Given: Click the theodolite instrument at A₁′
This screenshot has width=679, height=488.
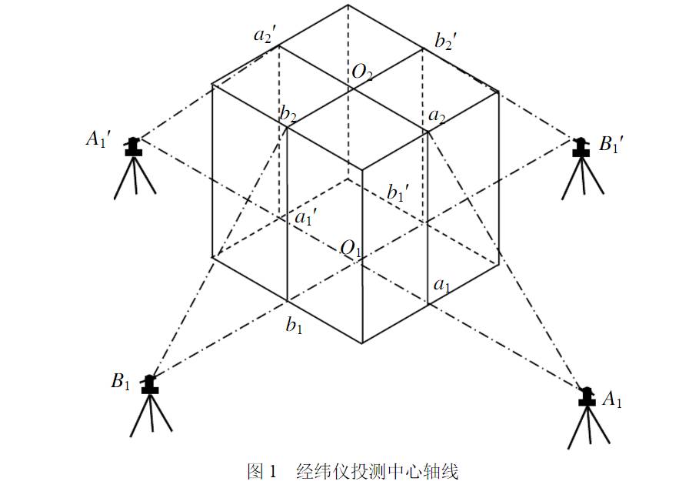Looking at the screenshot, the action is pyautogui.click(x=135, y=167).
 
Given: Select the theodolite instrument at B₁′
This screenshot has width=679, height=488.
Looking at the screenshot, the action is pyautogui.click(x=582, y=168).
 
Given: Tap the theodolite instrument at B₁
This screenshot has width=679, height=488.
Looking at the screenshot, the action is pyautogui.click(x=151, y=405).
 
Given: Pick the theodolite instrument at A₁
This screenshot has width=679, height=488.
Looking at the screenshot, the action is pyautogui.click(x=588, y=417).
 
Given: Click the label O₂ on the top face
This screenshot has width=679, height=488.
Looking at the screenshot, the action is pyautogui.click(x=362, y=72).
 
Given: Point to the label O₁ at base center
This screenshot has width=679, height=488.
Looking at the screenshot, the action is pyautogui.click(x=351, y=249).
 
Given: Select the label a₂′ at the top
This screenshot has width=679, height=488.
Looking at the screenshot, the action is pyautogui.click(x=265, y=34).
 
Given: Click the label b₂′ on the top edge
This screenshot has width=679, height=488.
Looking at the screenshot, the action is pyautogui.click(x=445, y=41).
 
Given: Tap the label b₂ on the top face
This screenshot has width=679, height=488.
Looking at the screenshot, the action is pyautogui.click(x=288, y=115).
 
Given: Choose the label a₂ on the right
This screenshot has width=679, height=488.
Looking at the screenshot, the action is pyautogui.click(x=437, y=116).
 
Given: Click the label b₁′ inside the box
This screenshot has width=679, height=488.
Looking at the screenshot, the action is pyautogui.click(x=398, y=192).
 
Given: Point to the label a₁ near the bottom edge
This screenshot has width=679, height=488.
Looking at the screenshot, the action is pyautogui.click(x=442, y=286).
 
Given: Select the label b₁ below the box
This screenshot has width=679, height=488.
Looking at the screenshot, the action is pyautogui.click(x=294, y=325).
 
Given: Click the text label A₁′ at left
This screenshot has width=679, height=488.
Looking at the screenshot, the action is pyautogui.click(x=98, y=139).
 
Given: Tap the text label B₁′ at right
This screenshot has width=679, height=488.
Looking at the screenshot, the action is pyautogui.click(x=611, y=144).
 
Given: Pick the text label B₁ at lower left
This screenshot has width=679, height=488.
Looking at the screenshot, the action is pyautogui.click(x=121, y=382).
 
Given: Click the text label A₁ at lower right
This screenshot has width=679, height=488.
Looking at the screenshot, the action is pyautogui.click(x=612, y=399).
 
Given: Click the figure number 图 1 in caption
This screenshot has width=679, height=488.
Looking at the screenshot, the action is pyautogui.click(x=261, y=471).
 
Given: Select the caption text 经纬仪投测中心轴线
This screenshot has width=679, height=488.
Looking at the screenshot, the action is pyautogui.click(x=377, y=471).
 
